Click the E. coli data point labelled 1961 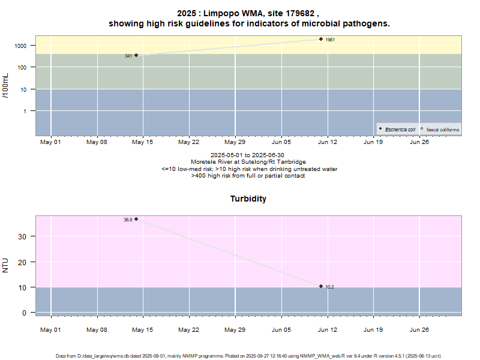(x=321, y=39)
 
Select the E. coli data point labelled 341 (x=136, y=55)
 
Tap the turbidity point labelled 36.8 (x=136, y=219)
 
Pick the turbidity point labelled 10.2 (x=321, y=286)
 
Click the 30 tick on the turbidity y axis (x=24, y=236)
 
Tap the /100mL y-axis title (x=6, y=86)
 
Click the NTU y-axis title (x=6, y=265)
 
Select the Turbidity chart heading (x=248, y=199)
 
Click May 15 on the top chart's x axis (x=143, y=142)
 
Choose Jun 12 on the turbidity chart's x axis (x=328, y=329)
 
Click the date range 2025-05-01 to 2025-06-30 (x=248, y=155)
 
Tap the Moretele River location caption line (x=248, y=162)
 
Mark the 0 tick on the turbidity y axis (x=25, y=313)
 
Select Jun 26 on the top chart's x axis (x=419, y=142)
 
